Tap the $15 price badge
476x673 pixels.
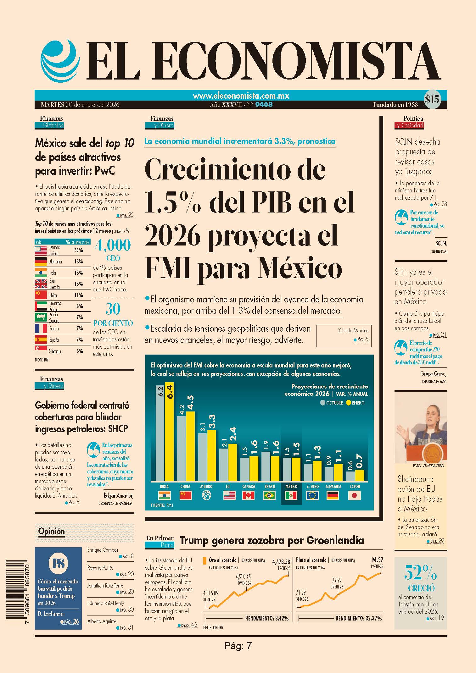pyautogui.click(x=432, y=100)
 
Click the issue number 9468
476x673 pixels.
pyautogui.click(x=264, y=104)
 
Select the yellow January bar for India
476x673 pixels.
pyautogui.click(x=169, y=432)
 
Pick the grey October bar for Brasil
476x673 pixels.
pyautogui.click(x=266, y=466)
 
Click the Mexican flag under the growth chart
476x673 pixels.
pyautogui.click(x=291, y=496)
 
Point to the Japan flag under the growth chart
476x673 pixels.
pyautogui.click(x=355, y=496)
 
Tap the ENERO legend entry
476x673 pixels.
pyautogui.click(x=355, y=403)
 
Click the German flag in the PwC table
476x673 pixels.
pyautogui.click(x=41, y=262)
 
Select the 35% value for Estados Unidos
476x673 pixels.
pyautogui.click(x=78, y=250)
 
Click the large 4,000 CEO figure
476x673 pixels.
pyautogui.click(x=113, y=245)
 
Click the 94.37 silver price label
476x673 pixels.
pyautogui.click(x=377, y=560)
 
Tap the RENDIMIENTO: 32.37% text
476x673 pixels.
pyautogui.click(x=359, y=619)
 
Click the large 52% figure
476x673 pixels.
pyautogui.click(x=420, y=572)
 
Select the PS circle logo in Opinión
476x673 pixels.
pyautogui.click(x=58, y=564)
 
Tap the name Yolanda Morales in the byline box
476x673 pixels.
pyautogui.click(x=353, y=330)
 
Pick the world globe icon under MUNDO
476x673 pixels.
pyautogui.click(x=206, y=496)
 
